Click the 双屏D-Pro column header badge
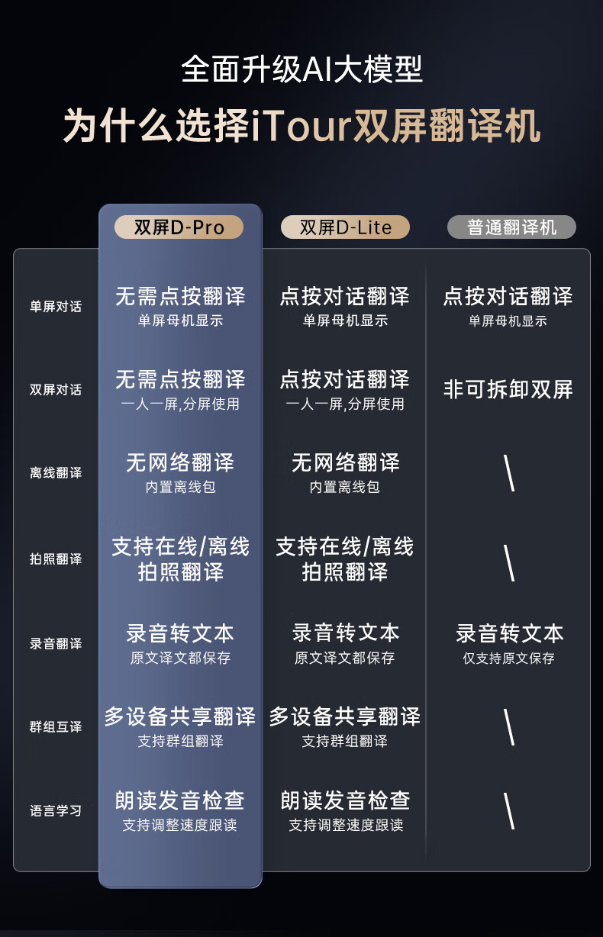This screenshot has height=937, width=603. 179,227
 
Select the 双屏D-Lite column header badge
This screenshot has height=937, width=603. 345,227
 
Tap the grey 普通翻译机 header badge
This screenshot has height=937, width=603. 511,227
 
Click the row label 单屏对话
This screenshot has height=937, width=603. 56,307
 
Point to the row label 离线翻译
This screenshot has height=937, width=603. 56,473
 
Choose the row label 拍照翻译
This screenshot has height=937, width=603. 56,559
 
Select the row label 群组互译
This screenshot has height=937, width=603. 56,726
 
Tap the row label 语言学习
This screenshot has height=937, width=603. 56,810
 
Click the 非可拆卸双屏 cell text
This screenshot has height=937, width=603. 508,390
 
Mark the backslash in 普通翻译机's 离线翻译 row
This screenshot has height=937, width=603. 509,474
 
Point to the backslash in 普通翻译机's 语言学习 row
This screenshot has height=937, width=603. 509,810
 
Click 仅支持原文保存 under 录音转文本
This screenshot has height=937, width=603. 508,658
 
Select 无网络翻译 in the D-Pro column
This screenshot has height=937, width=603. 180,462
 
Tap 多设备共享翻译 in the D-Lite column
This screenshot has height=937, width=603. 345,716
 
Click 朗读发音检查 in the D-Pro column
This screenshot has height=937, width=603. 180,800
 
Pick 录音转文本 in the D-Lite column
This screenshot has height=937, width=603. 346,633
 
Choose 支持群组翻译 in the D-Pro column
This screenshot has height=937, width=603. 180,741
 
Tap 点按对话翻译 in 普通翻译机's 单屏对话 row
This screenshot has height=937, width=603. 508,296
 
